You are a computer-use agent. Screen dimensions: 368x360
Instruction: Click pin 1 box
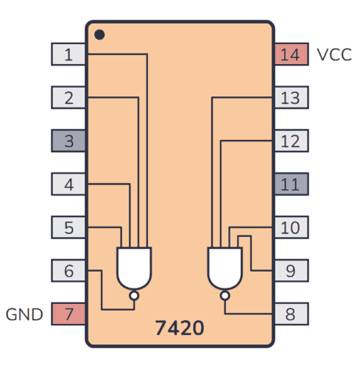68,54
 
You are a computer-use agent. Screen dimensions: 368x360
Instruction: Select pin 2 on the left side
68,97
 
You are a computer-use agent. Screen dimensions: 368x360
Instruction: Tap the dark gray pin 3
68,141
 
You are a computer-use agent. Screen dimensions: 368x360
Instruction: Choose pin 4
68,184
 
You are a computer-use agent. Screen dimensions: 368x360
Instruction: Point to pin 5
68,227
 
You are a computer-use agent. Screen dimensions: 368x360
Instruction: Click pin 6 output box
68,271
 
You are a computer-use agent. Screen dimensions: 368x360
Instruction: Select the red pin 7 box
68,314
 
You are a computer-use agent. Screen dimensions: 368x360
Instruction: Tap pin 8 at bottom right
291,314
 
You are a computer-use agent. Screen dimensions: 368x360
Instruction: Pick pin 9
291,271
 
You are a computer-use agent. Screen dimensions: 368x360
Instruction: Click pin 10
291,227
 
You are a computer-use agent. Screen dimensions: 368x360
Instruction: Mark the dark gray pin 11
291,184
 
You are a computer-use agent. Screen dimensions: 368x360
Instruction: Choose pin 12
291,141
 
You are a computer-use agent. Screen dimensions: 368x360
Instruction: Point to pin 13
291,97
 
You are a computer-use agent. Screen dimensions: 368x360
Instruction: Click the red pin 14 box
291,54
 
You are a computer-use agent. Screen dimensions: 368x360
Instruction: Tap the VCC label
334,54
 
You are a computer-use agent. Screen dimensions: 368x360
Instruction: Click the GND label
24,315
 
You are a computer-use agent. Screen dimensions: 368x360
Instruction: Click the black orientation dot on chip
100,35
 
